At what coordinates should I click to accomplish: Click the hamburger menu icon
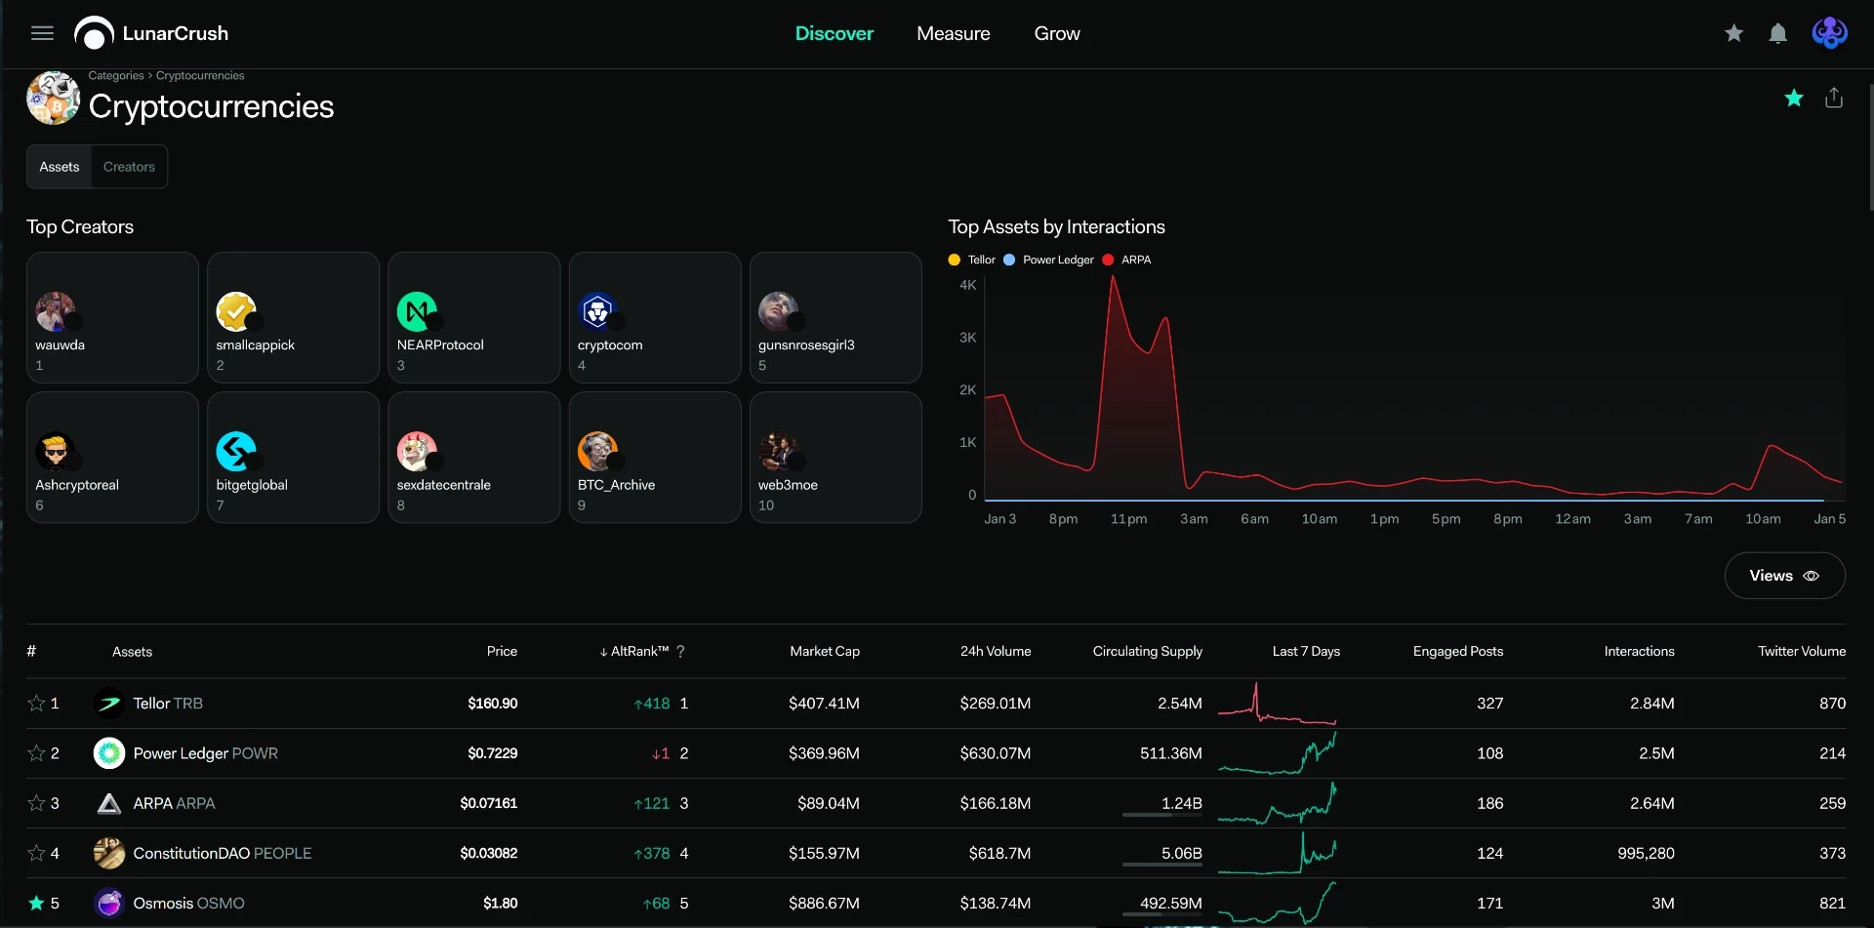tap(42, 33)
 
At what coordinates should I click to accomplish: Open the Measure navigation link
tap(953, 33)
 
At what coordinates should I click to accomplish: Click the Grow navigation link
tap(1057, 33)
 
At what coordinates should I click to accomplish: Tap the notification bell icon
tap(1777, 33)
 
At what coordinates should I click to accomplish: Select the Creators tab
tap(129, 167)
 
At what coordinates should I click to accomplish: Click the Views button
tap(1784, 576)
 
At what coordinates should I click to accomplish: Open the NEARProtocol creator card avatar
tap(417, 311)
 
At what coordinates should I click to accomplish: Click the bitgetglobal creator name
tap(252, 485)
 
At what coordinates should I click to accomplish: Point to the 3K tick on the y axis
tap(967, 338)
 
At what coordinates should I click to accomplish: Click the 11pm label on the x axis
tap(1128, 519)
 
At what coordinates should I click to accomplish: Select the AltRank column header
tap(640, 651)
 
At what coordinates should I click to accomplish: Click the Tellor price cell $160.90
tap(493, 704)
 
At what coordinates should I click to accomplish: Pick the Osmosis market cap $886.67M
tap(824, 904)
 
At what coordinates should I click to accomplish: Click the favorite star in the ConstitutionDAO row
tap(36, 853)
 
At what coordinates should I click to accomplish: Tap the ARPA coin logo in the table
tap(109, 803)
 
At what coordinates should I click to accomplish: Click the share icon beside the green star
tap(1834, 98)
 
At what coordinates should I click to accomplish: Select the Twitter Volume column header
tap(1802, 651)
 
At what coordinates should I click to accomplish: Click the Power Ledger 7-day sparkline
tap(1277, 753)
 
